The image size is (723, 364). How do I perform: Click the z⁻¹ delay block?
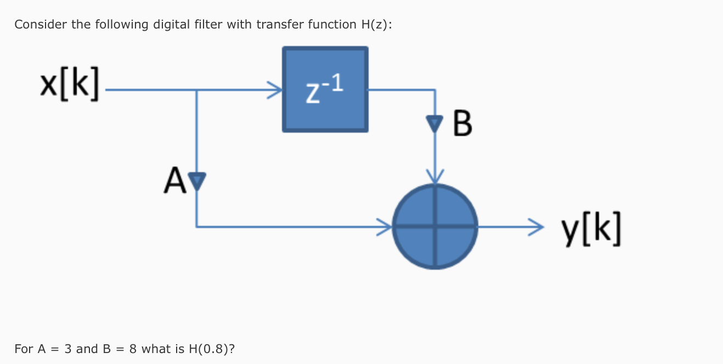pos(325,89)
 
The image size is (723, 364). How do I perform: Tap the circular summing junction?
pos(435,226)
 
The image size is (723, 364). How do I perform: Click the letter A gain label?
pos(173,180)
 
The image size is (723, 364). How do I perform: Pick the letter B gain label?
pos(463,124)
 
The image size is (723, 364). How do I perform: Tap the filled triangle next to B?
pos(435,126)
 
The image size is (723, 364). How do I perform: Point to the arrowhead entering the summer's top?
pos(435,177)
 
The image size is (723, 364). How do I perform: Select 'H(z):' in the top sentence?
pos(375,25)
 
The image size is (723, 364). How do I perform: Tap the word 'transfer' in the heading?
pos(277,25)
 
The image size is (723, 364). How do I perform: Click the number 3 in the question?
pos(68,349)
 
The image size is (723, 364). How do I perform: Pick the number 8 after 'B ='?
pos(133,349)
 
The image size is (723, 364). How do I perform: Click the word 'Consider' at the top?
pos(36,25)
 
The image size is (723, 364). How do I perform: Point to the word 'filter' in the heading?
pos(206,25)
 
